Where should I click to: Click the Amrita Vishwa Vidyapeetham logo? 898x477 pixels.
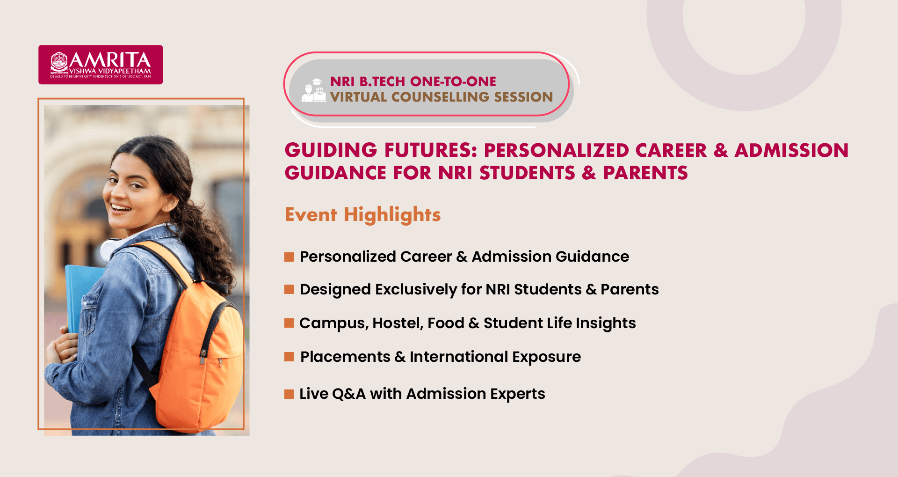coord(101,65)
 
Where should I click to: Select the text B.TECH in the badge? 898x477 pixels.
coord(382,81)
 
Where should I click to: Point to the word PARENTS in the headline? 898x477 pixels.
coord(645,173)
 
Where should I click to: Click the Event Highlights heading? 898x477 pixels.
coord(362,214)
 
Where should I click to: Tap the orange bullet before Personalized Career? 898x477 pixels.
coord(289,257)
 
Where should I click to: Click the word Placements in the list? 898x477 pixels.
coord(345,357)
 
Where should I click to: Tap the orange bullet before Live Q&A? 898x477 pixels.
coord(289,394)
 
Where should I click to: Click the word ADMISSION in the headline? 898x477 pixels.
coord(791,150)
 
